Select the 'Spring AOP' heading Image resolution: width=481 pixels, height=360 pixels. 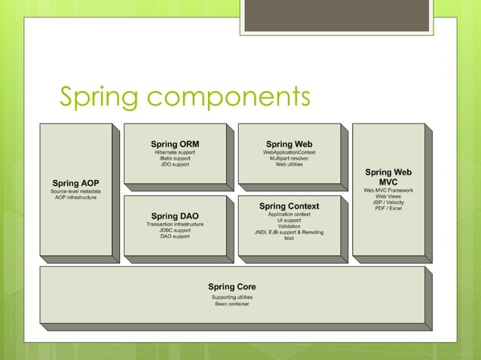click(75, 183)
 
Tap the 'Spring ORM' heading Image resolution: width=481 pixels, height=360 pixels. click(175, 144)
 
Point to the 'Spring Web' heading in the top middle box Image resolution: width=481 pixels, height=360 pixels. click(289, 144)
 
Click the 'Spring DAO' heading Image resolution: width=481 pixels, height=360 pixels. click(175, 216)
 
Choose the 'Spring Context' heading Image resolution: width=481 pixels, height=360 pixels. click(289, 206)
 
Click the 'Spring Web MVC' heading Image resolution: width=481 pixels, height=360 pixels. click(388, 177)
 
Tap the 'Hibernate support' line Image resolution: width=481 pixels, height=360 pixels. click(175, 153)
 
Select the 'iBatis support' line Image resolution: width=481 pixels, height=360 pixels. click(175, 159)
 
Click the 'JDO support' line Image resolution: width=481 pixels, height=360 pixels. click(175, 165)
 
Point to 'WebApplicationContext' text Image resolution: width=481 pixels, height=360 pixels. click(289, 153)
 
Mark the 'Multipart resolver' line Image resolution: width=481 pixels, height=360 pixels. click(289, 159)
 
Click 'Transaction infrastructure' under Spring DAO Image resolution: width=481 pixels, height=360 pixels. click(175, 224)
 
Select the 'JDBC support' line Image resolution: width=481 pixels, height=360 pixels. click(175, 230)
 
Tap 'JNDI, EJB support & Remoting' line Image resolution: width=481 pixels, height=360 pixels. click(289, 233)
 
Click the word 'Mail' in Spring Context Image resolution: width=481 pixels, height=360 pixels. click(289, 239)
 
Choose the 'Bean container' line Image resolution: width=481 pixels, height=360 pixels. click(231, 304)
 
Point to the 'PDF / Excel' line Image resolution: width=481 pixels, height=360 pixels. click(388, 209)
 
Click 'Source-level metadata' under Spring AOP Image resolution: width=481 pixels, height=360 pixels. click(75, 191)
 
